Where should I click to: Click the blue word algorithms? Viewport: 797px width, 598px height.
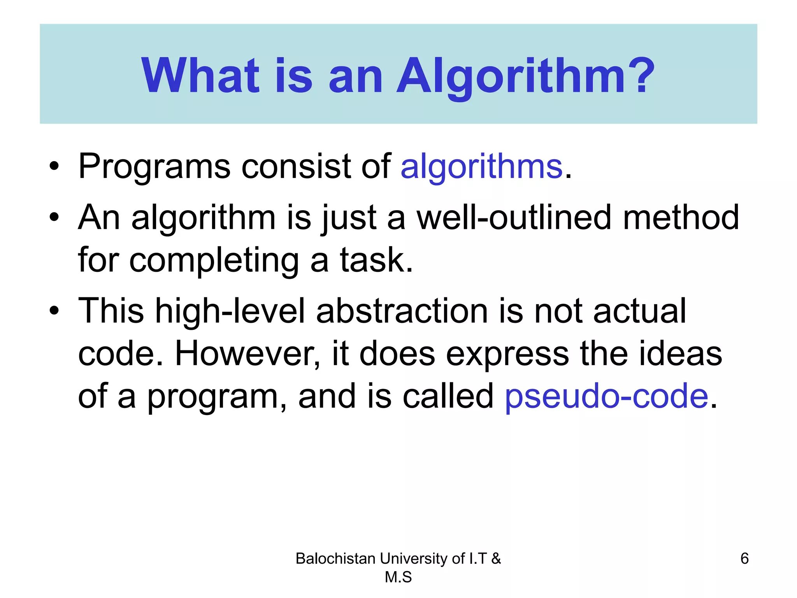(481, 167)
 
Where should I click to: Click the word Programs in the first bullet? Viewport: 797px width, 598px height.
(154, 167)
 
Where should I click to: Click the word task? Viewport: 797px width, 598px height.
(376, 260)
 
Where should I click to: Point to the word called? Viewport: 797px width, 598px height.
(448, 396)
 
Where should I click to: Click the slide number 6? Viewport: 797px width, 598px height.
(744, 559)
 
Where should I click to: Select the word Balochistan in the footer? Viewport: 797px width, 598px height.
(335, 559)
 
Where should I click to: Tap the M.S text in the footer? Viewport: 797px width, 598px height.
(398, 577)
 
